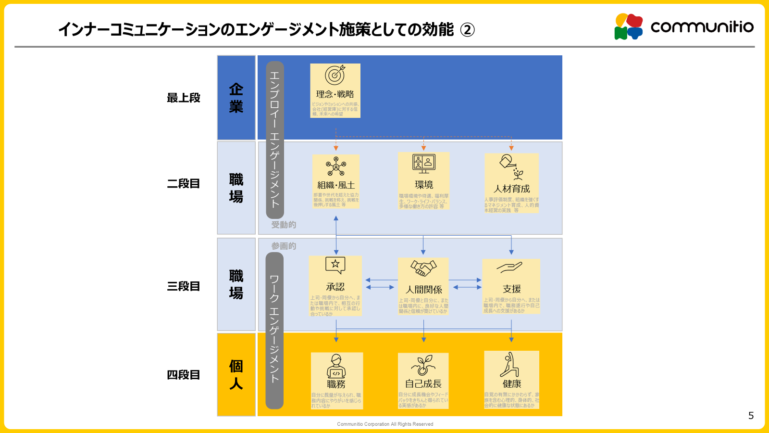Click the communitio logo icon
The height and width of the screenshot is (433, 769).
629,26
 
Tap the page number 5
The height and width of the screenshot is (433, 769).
751,416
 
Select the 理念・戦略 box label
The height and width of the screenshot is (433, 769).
335,94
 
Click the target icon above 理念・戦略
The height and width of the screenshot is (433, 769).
335,76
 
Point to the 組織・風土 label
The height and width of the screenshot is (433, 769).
336,185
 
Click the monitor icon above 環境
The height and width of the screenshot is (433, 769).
424,164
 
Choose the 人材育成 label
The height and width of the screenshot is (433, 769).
511,189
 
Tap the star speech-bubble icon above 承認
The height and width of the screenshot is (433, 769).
335,265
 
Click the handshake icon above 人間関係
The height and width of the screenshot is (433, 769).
423,268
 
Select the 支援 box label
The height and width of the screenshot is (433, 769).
511,289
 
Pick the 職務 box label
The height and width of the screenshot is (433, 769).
336,384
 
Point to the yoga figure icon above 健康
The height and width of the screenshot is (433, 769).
510,365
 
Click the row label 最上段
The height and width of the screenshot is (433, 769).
183,98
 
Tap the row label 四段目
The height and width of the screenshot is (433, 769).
183,375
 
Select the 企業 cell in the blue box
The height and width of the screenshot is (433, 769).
236,98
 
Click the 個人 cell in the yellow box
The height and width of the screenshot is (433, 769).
236,374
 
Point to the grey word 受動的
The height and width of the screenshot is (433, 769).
284,225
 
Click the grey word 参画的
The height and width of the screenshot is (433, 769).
284,246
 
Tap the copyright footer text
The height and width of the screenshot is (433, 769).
385,424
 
